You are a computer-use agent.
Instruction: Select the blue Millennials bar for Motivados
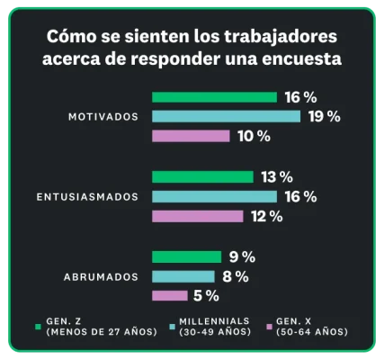[226, 116]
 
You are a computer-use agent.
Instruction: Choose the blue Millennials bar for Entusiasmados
[214, 196]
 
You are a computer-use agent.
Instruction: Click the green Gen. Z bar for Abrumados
[186, 256]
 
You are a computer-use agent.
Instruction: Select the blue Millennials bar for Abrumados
[183, 276]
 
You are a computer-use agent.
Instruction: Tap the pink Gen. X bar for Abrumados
[169, 295]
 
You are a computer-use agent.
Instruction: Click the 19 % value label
[324, 116]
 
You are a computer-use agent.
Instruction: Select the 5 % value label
[206, 295]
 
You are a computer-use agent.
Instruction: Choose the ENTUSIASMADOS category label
[87, 196]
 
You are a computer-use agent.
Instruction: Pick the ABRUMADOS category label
[101, 276]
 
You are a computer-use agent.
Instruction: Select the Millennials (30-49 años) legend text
[213, 327]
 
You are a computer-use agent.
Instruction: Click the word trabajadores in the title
[277, 39]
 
